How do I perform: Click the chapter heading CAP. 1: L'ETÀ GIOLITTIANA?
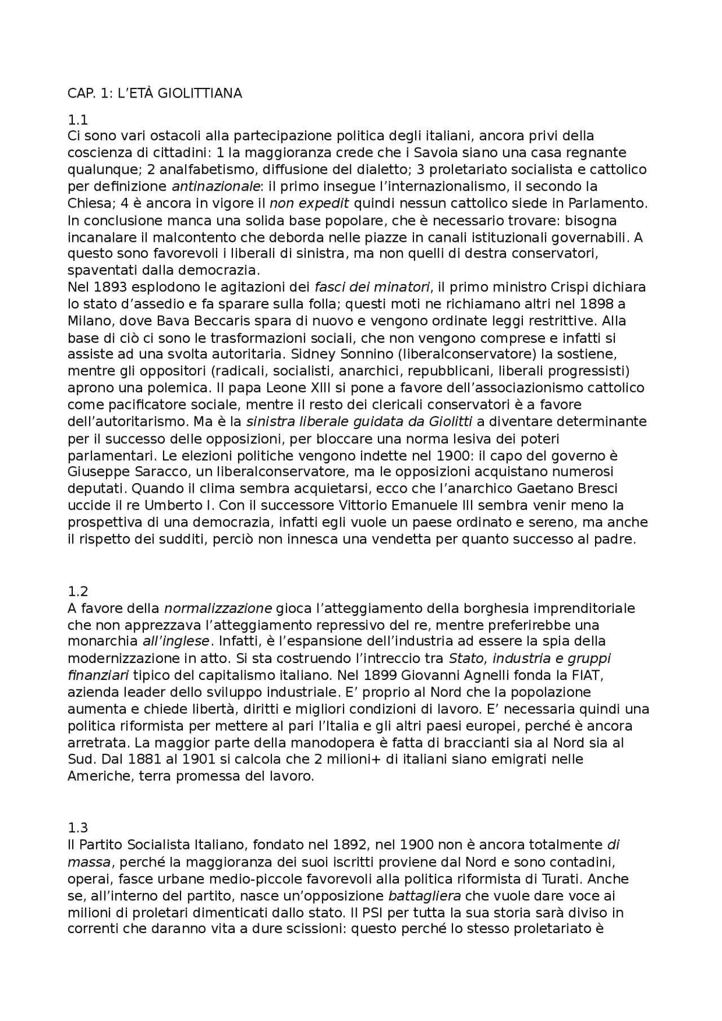click(155, 94)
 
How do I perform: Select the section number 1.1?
click(77, 120)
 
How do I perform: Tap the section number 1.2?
click(77, 591)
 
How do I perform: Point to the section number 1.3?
click(77, 828)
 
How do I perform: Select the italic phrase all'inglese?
click(177, 642)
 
